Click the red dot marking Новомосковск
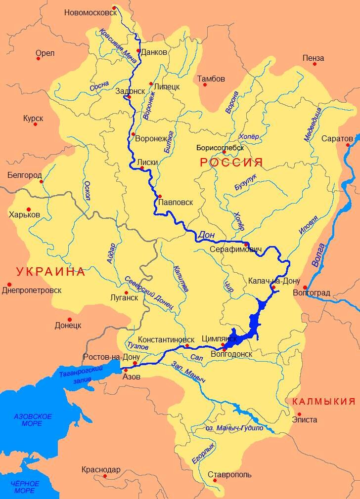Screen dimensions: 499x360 tap(114, 8)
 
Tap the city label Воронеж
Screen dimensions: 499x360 tap(152, 138)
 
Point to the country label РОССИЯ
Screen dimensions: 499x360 tap(230, 162)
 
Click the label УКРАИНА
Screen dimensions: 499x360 tap(50, 271)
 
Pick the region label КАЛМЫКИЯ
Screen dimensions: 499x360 tap(323, 401)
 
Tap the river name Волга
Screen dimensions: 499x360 tap(319, 255)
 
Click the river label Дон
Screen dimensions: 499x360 tap(207, 236)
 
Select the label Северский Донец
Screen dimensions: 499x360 tap(149, 292)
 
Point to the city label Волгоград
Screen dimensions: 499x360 tap(312, 293)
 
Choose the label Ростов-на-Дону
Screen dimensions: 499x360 tap(111, 357)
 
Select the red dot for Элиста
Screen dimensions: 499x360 tap(300, 414)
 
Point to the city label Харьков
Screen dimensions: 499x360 tap(24, 215)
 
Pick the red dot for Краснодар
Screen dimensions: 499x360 tap(105, 476)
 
